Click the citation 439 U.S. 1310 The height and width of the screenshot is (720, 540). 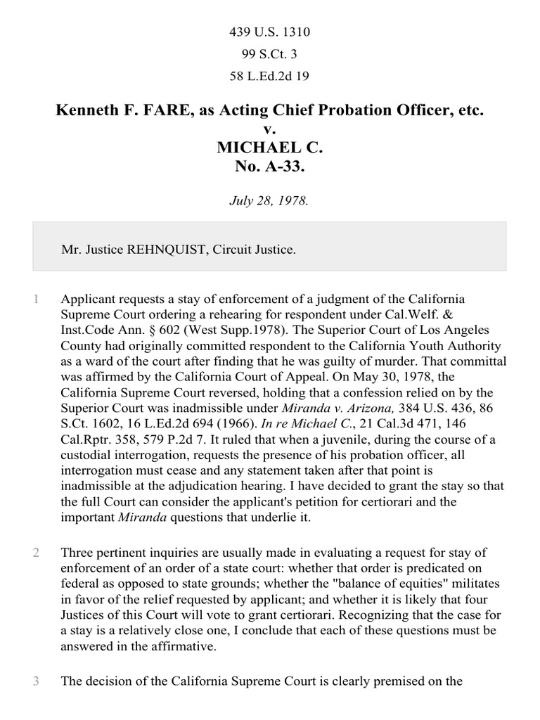(270, 32)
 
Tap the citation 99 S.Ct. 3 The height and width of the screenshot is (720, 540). (270, 54)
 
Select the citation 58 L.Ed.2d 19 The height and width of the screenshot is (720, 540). (270, 76)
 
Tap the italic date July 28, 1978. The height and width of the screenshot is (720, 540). (270, 200)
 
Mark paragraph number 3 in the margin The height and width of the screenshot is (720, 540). (35, 681)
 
